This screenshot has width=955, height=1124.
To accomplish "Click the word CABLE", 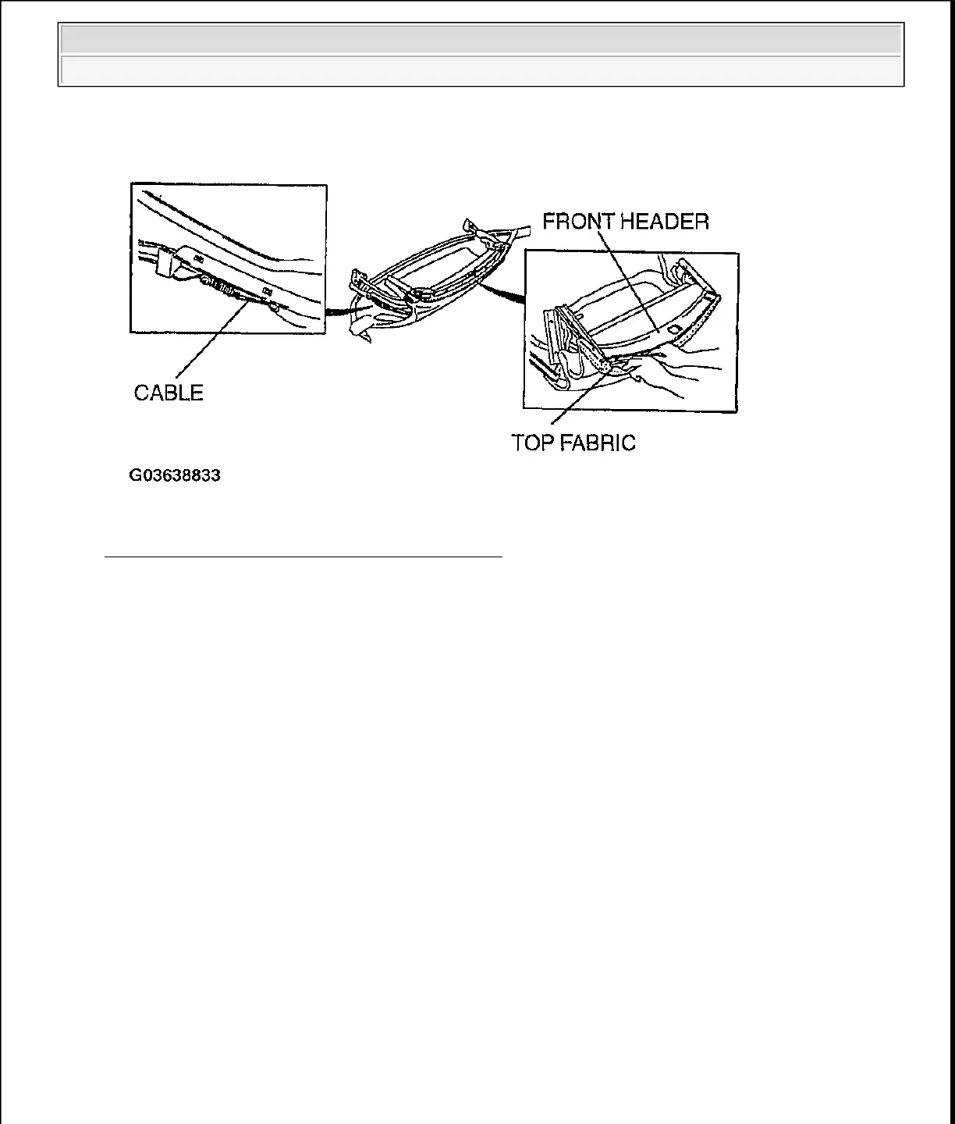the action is pos(169,393).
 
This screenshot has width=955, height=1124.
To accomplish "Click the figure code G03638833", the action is pos(175,475).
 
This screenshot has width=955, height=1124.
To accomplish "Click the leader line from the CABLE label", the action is pos(207,343).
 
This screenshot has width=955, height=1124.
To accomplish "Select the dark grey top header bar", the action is pos(481,39).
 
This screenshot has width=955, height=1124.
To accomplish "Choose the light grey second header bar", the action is pos(481,70).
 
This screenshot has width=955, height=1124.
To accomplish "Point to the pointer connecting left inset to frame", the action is pos(343,311).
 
